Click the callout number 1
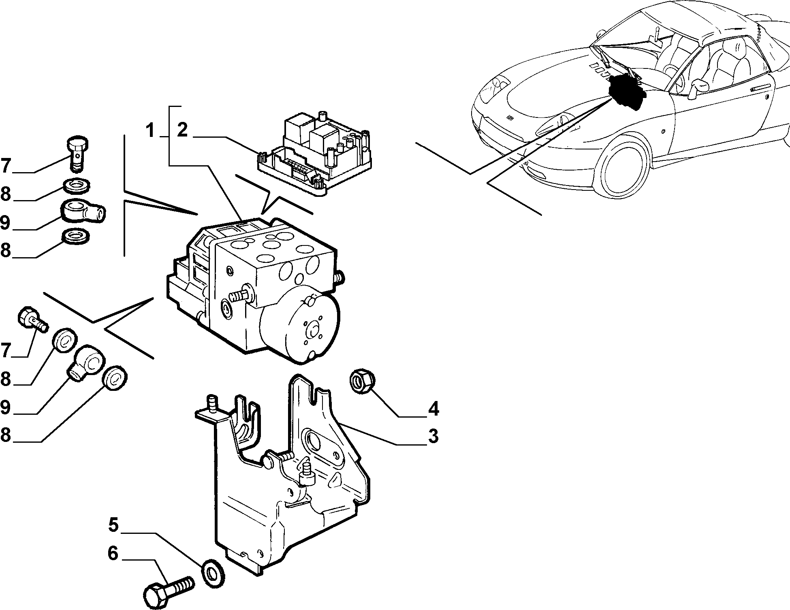tap(151, 131)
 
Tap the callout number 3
tap(433, 436)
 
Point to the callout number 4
tap(433, 409)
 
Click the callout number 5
tap(113, 525)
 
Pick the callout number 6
tap(113, 553)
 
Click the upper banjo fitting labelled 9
tap(83, 211)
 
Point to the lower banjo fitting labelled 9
tap(87, 362)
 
